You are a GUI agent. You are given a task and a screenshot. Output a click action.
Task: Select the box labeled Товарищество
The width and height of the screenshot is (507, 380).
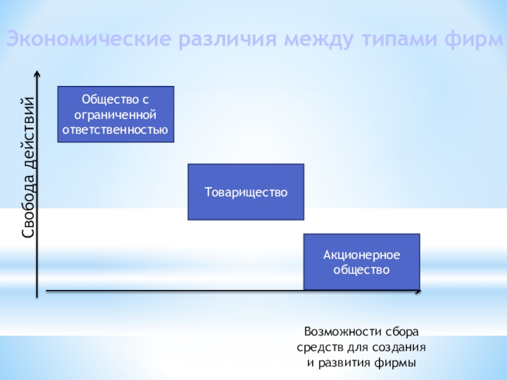click(246, 192)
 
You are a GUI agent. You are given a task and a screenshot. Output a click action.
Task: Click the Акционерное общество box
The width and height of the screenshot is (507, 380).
click(361, 262)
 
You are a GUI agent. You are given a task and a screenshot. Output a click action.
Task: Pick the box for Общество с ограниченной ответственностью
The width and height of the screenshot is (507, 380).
click(115, 114)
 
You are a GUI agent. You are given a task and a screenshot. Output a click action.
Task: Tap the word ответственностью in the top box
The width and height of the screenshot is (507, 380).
click(115, 130)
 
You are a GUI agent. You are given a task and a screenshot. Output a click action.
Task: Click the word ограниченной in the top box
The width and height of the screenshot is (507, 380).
click(115, 115)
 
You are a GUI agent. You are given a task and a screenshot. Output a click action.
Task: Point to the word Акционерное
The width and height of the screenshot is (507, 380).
click(361, 255)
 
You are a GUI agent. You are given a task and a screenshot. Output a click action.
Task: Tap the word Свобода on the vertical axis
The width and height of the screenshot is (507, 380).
click(29, 202)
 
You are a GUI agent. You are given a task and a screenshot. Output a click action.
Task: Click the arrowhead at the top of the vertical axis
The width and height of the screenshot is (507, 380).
click(39, 73)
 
